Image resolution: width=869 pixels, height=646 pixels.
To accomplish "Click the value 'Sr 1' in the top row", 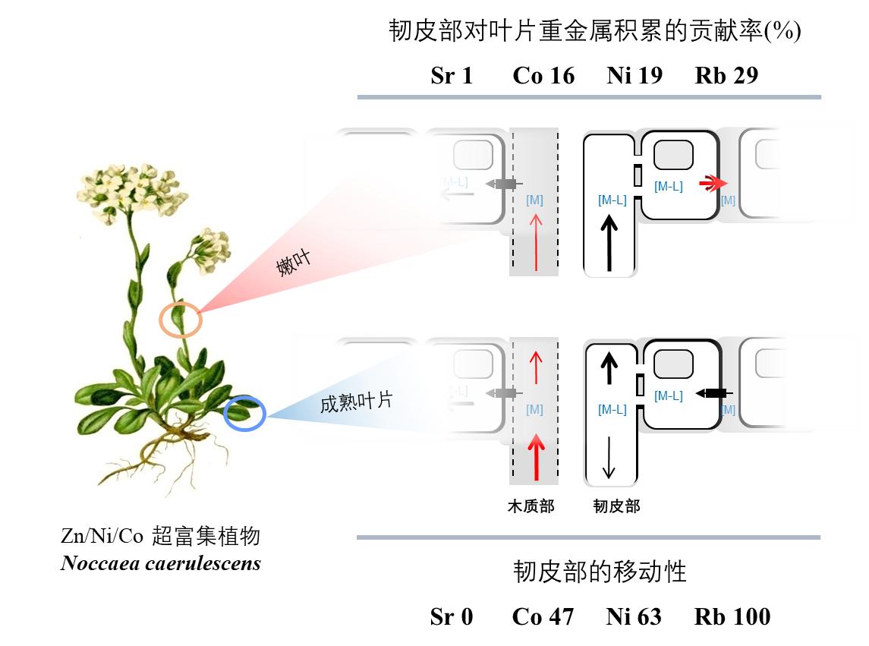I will tap(451, 75).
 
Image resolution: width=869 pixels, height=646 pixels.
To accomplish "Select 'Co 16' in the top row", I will tap(543, 75).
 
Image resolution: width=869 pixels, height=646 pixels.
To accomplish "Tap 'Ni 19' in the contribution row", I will tap(634, 75).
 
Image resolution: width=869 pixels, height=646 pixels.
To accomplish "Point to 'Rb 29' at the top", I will tap(726, 75).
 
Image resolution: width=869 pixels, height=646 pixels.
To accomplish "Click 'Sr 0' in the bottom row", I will tap(451, 616).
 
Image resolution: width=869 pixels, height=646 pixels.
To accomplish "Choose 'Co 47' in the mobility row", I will tap(543, 616).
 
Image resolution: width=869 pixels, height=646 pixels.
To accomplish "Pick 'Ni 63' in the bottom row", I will tap(634, 616).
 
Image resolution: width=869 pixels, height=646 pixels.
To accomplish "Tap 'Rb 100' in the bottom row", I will tap(732, 616).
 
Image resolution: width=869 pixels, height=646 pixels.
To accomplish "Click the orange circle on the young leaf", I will tap(181, 320).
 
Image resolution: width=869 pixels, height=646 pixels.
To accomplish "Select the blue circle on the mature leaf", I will tap(245, 414).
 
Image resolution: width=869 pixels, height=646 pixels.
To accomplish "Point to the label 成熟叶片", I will tap(355, 401).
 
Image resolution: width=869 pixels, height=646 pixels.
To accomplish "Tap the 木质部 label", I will tap(531, 506).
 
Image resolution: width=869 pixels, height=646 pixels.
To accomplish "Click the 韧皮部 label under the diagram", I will tap(616, 506).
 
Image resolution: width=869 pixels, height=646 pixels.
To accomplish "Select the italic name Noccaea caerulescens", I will tap(161, 563).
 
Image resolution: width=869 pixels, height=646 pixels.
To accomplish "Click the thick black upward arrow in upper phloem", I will tap(607, 241).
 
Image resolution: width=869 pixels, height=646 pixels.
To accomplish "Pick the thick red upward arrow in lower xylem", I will tap(536, 455).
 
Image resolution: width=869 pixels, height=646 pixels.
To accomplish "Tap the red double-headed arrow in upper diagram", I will tap(712, 183).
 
